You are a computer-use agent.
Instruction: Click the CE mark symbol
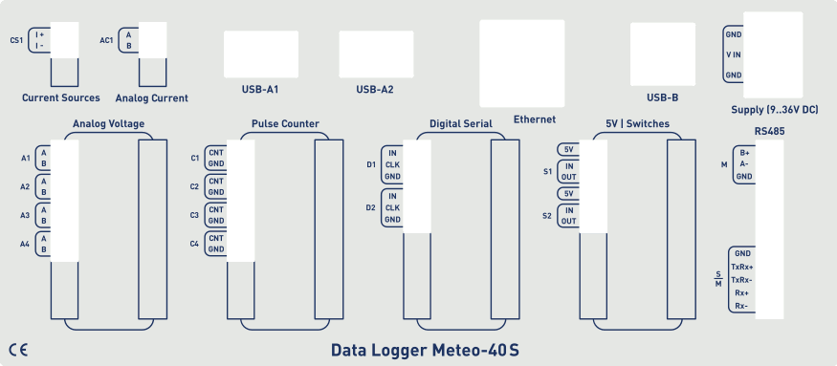[x=17, y=348]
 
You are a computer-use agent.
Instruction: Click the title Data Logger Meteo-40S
[x=425, y=350]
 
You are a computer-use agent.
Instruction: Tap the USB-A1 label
[x=259, y=90]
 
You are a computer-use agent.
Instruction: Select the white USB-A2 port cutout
[x=376, y=54]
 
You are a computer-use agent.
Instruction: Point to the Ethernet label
[x=535, y=119]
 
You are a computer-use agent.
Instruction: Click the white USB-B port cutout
[x=662, y=54]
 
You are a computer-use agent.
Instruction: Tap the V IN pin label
[x=734, y=54]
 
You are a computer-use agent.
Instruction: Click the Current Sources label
[x=61, y=97]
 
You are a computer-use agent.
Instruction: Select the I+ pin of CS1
[x=40, y=34]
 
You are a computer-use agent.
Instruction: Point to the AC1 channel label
[x=106, y=40]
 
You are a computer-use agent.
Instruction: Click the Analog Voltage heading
[x=109, y=124]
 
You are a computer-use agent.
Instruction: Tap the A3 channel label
[x=26, y=216]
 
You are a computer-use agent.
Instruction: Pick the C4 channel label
[x=195, y=244]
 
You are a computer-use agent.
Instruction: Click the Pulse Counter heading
[x=285, y=124]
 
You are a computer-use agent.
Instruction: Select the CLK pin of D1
[x=392, y=164]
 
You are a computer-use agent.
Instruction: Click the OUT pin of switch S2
[x=568, y=222]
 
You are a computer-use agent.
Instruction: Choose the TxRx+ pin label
[x=741, y=267]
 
